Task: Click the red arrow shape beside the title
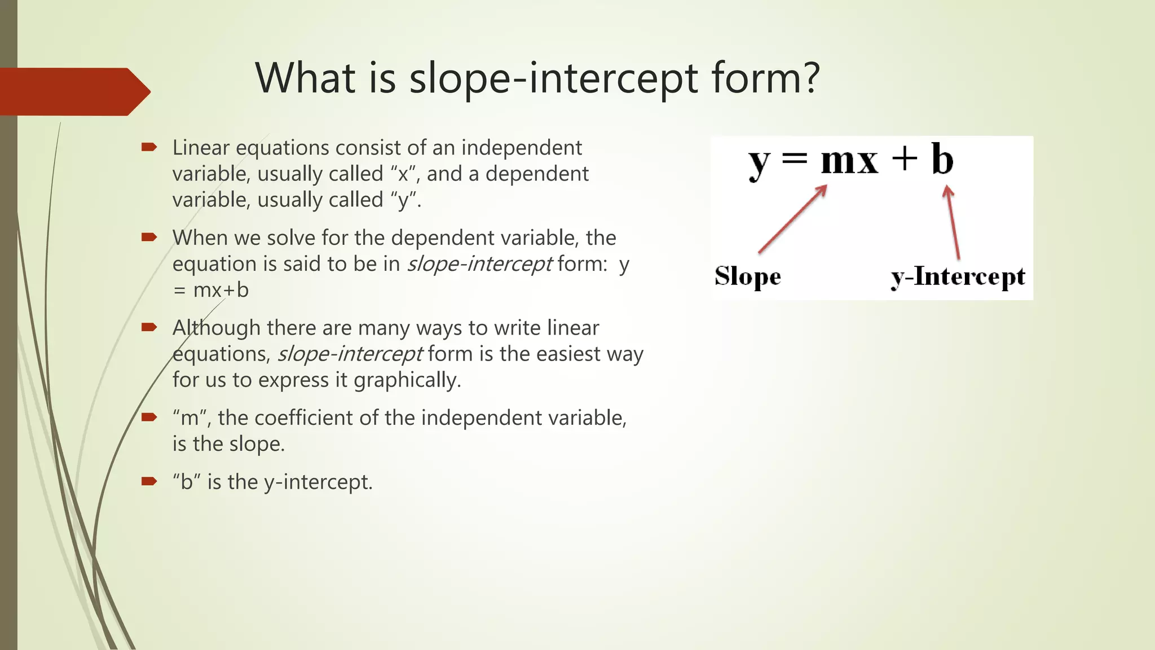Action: [73, 91]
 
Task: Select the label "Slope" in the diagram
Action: [747, 276]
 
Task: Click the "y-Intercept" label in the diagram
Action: [958, 277]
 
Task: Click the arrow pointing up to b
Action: [953, 222]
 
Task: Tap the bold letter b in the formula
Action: [942, 159]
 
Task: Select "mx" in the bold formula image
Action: [849, 161]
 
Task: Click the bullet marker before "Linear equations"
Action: [149, 147]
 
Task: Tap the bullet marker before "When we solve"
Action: [149, 237]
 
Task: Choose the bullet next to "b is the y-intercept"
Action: [149, 481]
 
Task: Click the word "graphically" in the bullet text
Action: [406, 380]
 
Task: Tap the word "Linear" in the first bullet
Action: [201, 148]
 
